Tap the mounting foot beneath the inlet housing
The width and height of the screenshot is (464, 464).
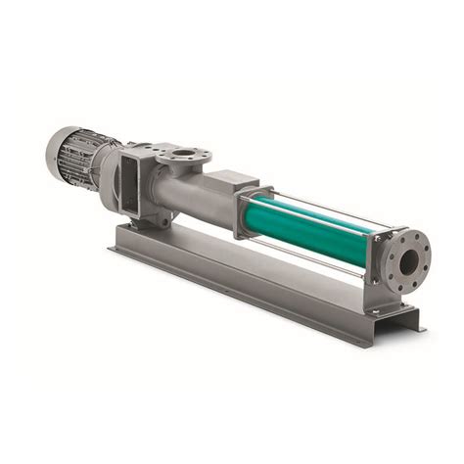point(147,221)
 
